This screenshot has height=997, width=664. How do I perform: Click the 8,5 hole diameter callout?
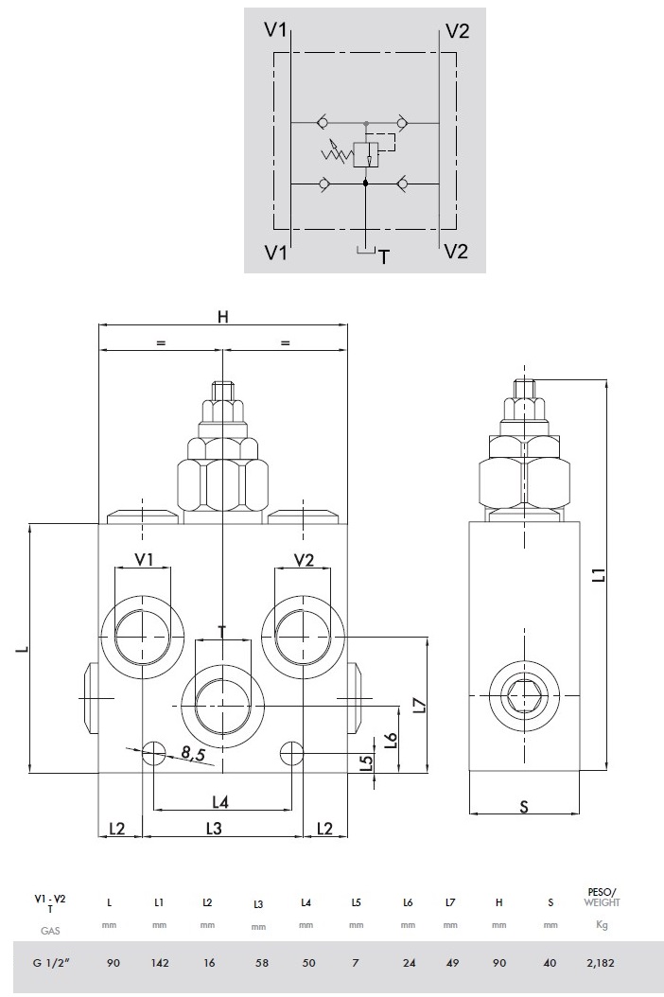coord(193,753)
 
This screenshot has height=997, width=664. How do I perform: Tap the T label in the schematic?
coord(383,254)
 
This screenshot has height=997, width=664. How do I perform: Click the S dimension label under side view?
coord(523,806)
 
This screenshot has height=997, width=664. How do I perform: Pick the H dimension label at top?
coord(223,317)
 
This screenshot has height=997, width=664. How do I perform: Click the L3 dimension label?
coord(214,829)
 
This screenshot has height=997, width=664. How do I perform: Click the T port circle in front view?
coord(222,704)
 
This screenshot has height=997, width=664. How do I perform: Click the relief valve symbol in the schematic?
coord(365,154)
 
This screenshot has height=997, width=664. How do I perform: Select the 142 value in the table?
coord(158,963)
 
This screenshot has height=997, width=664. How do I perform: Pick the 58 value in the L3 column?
coord(257,963)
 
